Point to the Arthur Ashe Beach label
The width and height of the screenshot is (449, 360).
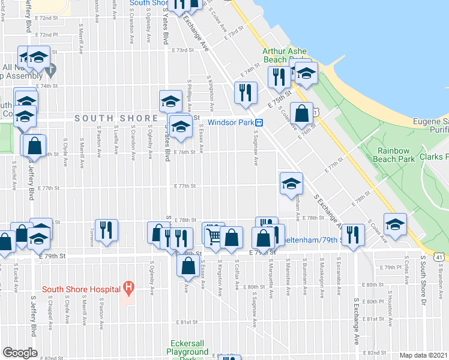(283, 55)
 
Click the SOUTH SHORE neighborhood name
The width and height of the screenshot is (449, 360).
(112, 118)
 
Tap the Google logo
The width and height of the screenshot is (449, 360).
(20, 353)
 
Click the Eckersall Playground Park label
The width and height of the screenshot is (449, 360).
(187, 351)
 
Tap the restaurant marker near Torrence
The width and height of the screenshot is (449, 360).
(106, 230)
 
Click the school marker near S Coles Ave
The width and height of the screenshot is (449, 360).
(394, 225)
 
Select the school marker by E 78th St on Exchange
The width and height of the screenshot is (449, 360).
(291, 184)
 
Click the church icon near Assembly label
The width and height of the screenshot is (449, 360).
(50, 70)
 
